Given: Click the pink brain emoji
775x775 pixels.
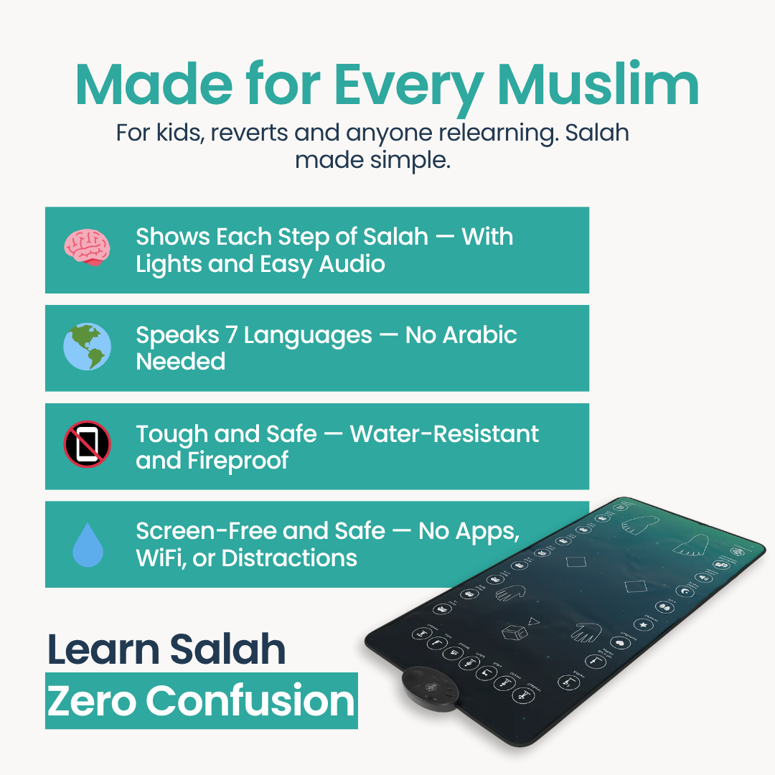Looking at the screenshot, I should click(87, 248).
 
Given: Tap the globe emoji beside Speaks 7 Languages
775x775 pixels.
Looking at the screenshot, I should click(87, 347).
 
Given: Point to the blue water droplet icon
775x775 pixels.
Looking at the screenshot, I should click(88, 545).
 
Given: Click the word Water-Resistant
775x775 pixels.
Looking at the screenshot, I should click(444, 434).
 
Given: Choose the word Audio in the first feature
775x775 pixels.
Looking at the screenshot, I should click(352, 264).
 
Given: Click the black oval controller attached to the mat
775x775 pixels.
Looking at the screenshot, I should click(430, 688).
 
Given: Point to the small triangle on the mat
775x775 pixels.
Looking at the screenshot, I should click(532, 621).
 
